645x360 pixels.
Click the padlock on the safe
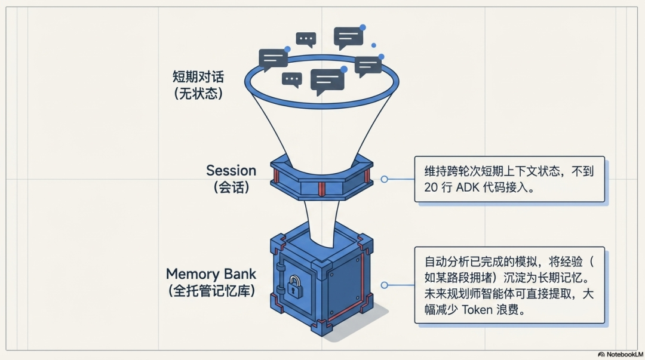294,288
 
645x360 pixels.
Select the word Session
231,170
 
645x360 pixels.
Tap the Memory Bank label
211,274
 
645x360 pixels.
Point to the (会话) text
231,187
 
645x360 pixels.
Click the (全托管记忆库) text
211,291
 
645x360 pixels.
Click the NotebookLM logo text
623,354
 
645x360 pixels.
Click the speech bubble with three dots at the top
306,40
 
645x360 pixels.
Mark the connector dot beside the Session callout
384,179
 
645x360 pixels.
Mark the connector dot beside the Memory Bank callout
384,285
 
